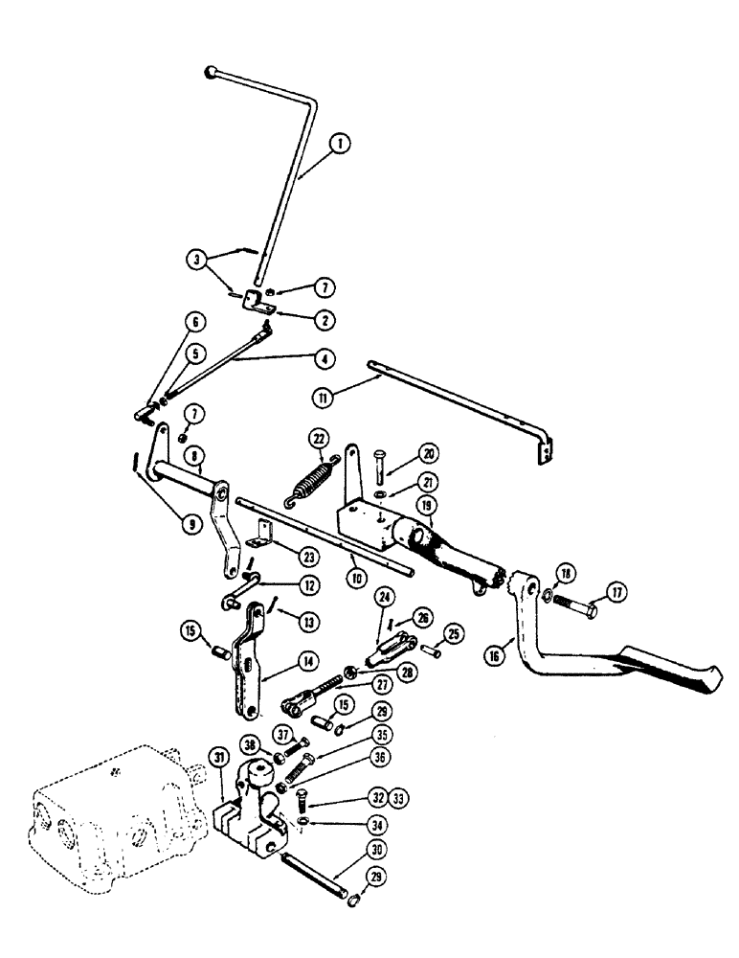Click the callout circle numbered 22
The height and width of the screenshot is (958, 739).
[x=318, y=440]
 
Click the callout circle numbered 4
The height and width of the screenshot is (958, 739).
[x=327, y=359]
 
